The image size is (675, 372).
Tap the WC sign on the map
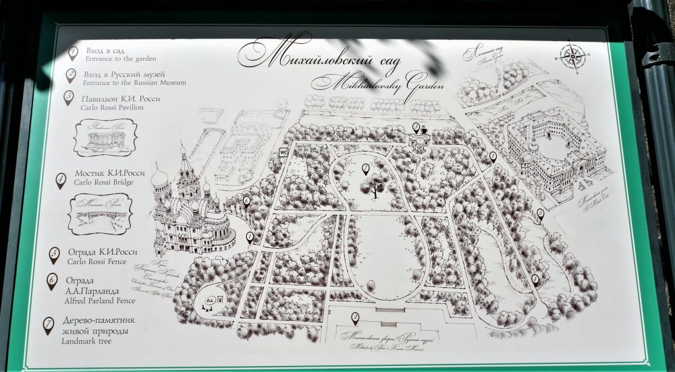(x=284, y=152)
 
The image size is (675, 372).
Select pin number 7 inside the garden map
(x=365, y=169)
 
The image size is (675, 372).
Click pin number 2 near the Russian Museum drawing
(x=355, y=318)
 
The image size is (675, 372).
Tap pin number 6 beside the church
(x=247, y=201)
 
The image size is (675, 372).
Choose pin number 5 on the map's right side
(x=540, y=215)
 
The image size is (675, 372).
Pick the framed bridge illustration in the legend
(x=101, y=214)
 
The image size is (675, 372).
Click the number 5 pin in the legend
(x=55, y=255)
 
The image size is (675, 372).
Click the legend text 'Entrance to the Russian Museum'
(x=135, y=82)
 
